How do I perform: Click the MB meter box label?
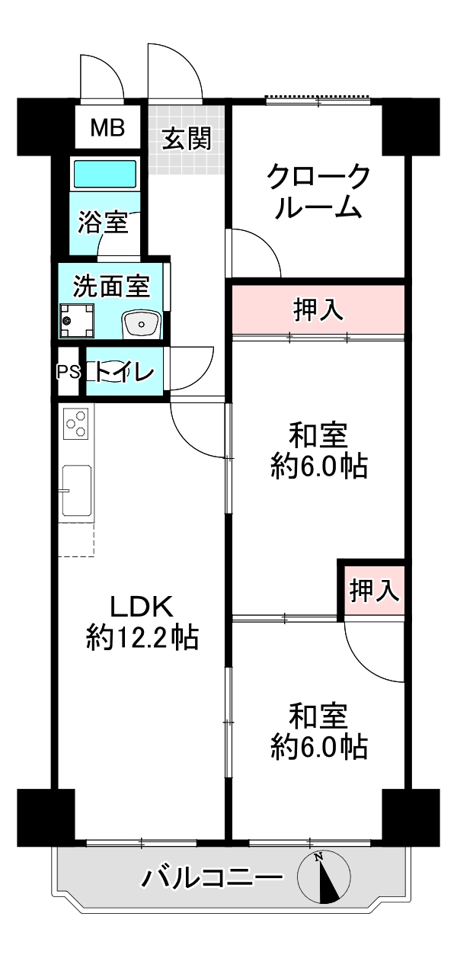[107, 127]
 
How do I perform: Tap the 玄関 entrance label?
[187, 138]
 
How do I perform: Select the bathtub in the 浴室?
[105, 174]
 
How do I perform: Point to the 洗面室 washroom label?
[112, 286]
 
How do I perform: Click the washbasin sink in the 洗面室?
[141, 324]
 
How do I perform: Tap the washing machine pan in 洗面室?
[77, 321]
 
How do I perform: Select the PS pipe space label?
[69, 372]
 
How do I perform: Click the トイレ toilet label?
[124, 372]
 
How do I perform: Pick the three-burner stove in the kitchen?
[76, 423]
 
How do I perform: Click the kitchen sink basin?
[77, 491]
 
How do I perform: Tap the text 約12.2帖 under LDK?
[142, 637]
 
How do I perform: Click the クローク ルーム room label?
[318, 192]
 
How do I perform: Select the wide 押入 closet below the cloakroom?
[318, 309]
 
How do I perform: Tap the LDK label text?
[142, 606]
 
